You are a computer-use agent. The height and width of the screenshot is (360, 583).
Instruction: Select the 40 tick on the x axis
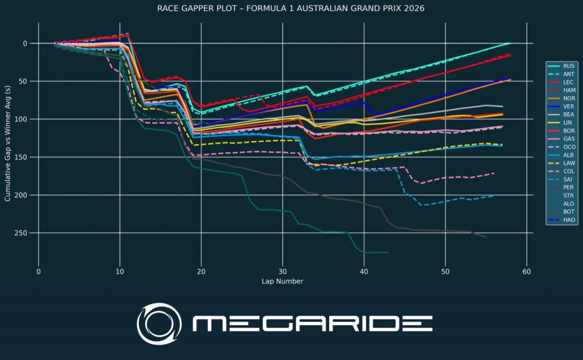(x=364, y=271)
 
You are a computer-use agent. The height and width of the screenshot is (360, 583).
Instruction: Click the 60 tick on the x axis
(x=527, y=271)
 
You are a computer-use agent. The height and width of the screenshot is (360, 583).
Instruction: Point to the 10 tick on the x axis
(x=120, y=271)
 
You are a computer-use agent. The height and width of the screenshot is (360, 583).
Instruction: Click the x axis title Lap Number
(x=282, y=281)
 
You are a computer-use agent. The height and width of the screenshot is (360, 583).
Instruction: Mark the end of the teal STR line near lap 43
(x=388, y=252)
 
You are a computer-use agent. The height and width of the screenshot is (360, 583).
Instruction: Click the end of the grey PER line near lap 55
(x=486, y=237)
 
